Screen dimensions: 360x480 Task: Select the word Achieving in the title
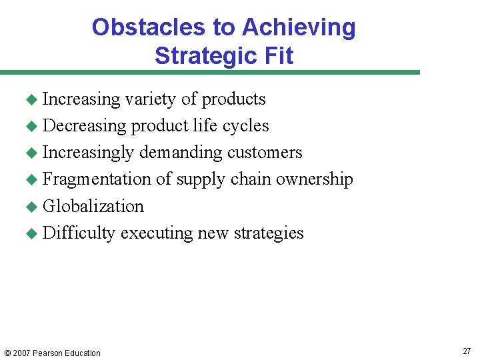(299, 27)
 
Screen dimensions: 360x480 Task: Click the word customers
(265, 153)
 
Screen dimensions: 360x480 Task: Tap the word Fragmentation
(97, 179)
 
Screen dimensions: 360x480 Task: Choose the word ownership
(315, 179)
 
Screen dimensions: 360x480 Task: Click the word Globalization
(93, 206)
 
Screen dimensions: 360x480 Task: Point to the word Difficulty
(79, 233)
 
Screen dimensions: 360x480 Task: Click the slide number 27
(466, 351)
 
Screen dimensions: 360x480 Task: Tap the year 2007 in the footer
(22, 353)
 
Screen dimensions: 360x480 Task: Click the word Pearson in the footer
(50, 353)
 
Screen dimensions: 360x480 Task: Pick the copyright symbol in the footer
(7, 353)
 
